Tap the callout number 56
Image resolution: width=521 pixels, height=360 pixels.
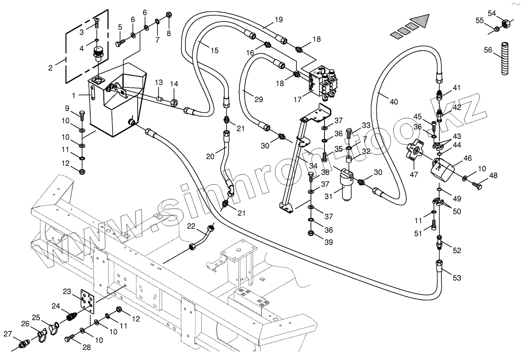[x=488, y=50]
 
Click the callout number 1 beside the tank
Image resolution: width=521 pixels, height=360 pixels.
[x=74, y=96]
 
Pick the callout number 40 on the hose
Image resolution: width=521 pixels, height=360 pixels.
[x=394, y=101]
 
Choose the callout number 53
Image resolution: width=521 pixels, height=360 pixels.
[x=457, y=278]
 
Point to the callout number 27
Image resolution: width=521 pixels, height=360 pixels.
[x=8, y=334]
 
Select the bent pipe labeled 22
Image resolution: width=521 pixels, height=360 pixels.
[x=201, y=238]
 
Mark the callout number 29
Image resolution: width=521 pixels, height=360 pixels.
[x=258, y=99]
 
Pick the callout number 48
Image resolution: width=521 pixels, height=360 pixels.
[x=493, y=176]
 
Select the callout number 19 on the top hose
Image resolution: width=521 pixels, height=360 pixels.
[x=279, y=19]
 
